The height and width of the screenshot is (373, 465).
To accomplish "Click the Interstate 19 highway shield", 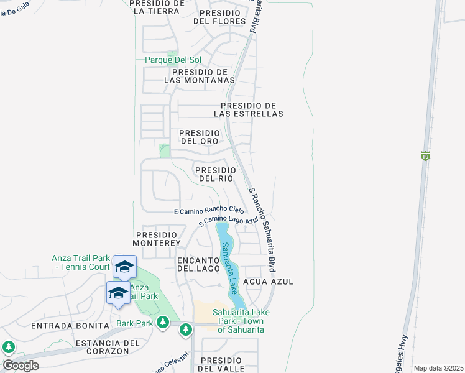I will [425, 155].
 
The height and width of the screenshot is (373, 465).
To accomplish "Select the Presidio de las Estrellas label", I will [248, 109].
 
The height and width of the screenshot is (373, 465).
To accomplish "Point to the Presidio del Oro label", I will [199, 137].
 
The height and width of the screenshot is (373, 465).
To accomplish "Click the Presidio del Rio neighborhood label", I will [215, 174].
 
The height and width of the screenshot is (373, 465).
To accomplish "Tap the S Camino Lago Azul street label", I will [228, 221].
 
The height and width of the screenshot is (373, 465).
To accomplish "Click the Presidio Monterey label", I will [157, 238].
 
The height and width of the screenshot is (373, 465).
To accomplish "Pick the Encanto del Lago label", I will [199, 264].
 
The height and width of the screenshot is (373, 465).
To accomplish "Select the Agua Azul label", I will [268, 282].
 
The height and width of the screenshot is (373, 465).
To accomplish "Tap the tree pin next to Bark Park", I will [163, 322].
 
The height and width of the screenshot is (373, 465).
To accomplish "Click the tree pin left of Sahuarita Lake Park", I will [185, 329].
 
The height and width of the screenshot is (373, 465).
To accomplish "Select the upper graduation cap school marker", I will [124, 267].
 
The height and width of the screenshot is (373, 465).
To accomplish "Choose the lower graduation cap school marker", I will [118, 293].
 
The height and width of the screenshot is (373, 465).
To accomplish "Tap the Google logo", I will [21, 365].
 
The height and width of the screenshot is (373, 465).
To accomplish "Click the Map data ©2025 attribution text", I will [438, 368].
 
